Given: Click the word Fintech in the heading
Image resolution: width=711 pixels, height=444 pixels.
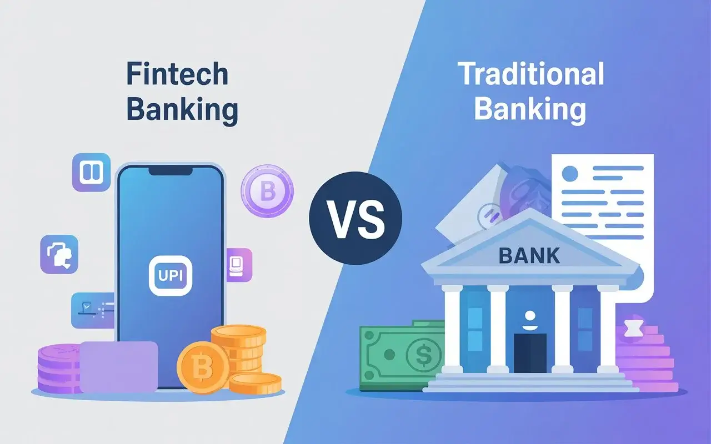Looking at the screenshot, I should (x=177, y=74).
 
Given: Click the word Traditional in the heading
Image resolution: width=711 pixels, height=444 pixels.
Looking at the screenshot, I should (x=531, y=74).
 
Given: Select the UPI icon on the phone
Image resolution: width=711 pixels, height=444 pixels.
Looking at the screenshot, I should (x=170, y=275).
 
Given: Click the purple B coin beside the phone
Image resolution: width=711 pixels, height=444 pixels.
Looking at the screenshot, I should (x=267, y=192).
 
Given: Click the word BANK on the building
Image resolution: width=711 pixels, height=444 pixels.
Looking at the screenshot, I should (x=529, y=256).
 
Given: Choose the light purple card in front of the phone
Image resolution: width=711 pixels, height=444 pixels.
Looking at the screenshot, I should (x=119, y=366).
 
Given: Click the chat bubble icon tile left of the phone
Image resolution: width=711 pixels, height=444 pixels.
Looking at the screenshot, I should (x=59, y=254).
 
